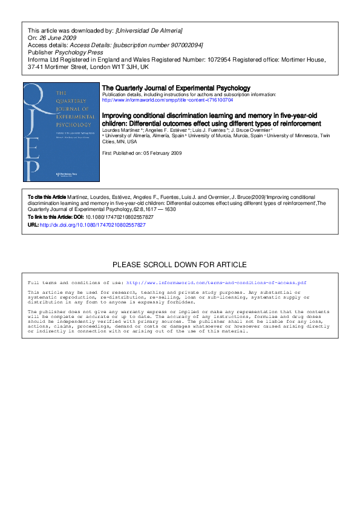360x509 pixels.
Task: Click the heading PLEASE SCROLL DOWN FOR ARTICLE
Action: coord(180,265)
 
